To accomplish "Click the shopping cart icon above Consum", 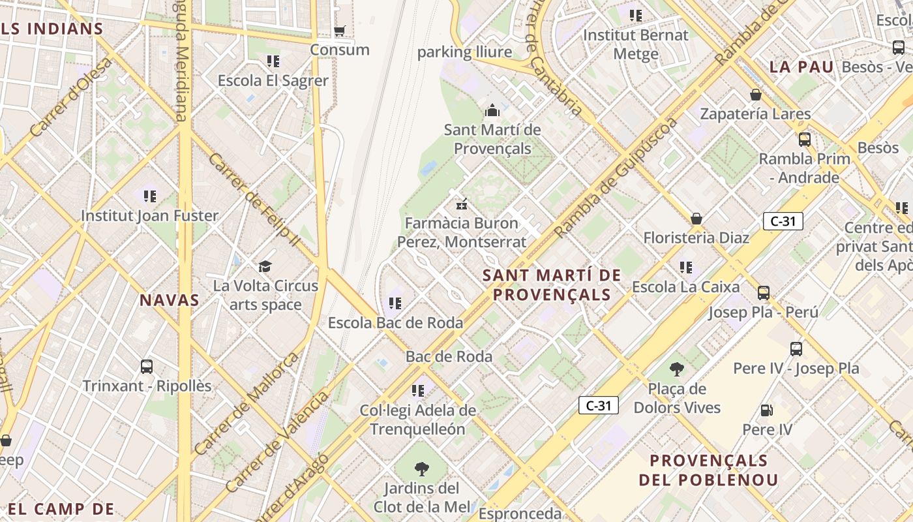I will tap(339, 31).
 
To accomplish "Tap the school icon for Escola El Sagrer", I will tap(273, 61).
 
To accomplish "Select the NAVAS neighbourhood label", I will tap(170, 300).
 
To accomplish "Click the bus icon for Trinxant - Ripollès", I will tap(147, 367).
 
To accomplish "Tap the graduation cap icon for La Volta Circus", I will tap(265, 266).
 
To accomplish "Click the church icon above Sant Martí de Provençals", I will tap(492, 110).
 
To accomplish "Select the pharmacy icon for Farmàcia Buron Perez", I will tap(462, 204).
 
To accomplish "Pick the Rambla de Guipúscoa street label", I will tap(616, 177).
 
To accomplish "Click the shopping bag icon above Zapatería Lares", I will tap(756, 95).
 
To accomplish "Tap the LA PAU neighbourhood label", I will tap(801, 67).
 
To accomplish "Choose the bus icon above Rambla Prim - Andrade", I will tap(805, 139).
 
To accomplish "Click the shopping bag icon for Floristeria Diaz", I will tap(696, 219).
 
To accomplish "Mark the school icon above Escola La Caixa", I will tap(685, 268).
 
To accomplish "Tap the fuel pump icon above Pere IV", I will tap(767, 410).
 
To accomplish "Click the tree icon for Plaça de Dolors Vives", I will tap(677, 369).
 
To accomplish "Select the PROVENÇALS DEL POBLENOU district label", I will tap(708, 470).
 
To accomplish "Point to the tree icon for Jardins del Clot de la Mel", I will tap(421, 468).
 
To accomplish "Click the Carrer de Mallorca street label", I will tap(247, 403).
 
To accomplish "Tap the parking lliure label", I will tap(464, 52).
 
